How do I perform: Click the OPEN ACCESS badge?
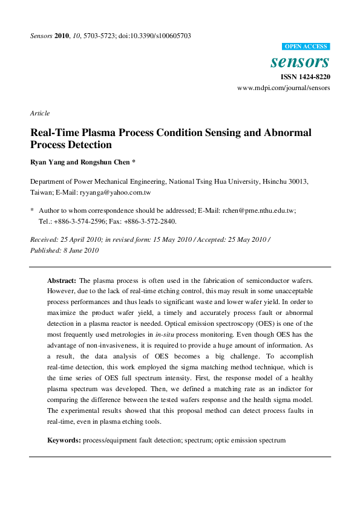tap(306, 47)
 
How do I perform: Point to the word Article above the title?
tap(39, 113)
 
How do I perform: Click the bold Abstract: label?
tap(61, 281)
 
